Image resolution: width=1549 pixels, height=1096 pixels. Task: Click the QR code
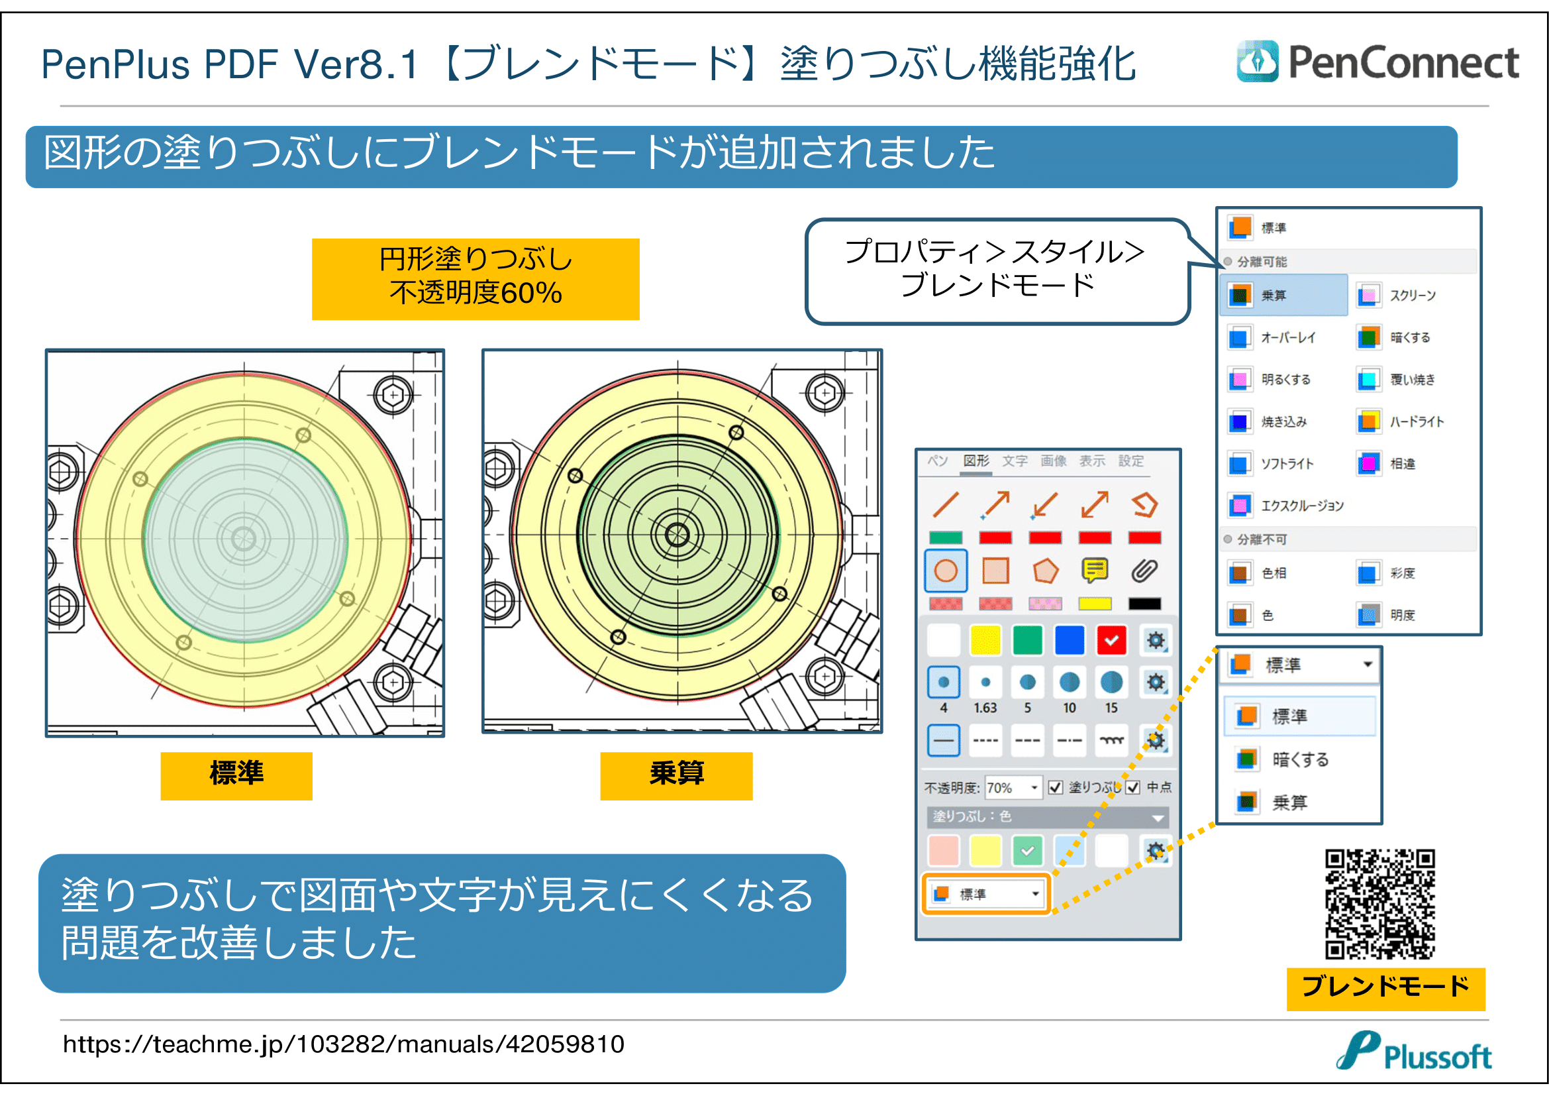(1379, 904)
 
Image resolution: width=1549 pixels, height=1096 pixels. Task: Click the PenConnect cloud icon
(1257, 62)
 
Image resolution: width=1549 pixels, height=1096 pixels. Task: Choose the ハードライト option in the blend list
(1415, 422)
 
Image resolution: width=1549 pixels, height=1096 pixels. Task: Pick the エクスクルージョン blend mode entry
(1301, 506)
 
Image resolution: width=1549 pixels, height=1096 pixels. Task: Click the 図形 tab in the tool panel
(975, 461)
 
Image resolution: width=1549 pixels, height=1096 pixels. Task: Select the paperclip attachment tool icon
(1144, 571)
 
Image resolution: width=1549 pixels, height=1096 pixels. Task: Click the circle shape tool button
(946, 571)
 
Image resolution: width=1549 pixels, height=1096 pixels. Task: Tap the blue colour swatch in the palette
(1070, 641)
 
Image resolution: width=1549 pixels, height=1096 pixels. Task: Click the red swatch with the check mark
(1111, 641)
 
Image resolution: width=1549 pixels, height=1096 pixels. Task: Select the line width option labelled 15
(1111, 683)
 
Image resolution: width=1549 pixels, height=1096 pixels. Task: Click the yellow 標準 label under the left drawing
(236, 775)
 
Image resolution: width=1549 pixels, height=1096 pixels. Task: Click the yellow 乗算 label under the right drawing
(676, 775)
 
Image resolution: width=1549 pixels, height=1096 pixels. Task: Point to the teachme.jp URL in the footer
(344, 1044)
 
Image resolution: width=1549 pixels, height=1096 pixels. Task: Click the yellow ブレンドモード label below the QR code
(1385, 988)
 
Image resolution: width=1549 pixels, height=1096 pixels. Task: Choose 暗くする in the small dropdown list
(1299, 759)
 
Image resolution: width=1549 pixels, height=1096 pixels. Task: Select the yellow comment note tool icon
(1094, 571)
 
